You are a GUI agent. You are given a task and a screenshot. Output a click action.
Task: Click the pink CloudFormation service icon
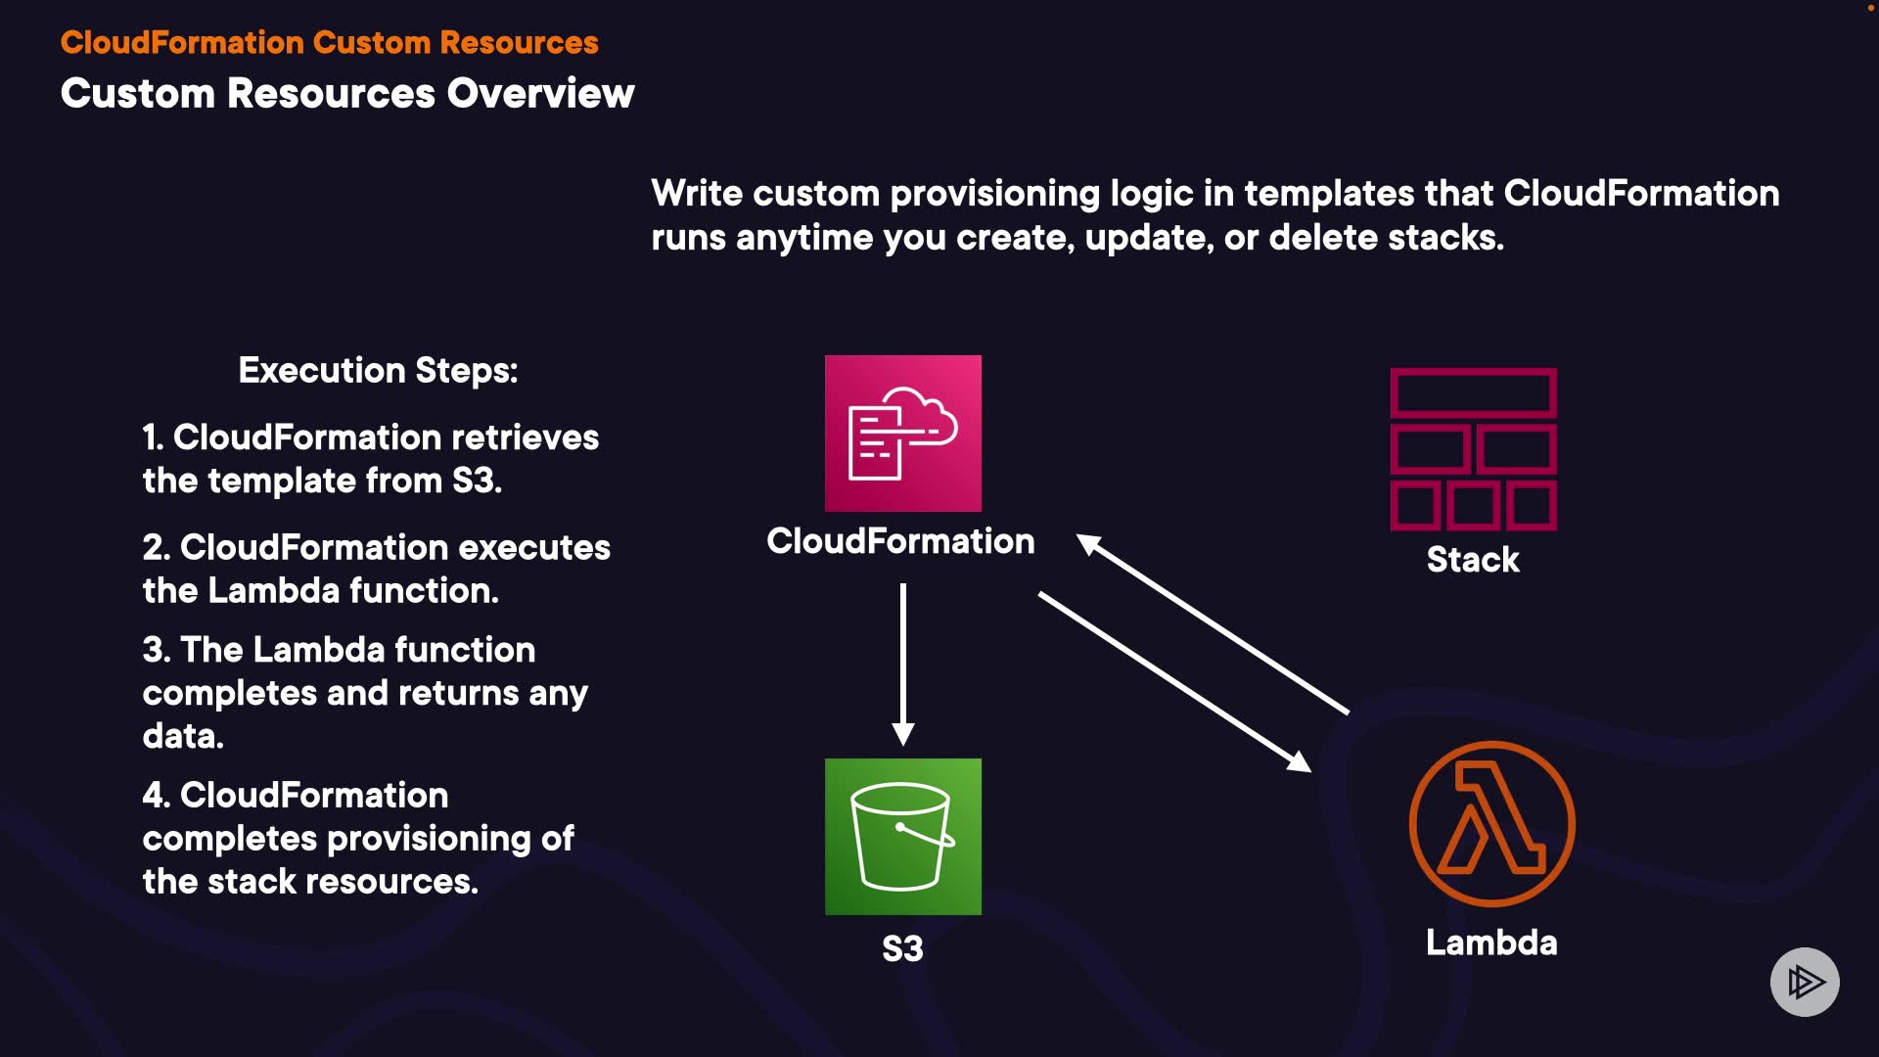902,433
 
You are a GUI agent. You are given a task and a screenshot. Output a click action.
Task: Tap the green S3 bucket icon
902,836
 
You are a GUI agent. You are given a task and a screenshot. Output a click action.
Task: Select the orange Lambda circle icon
1491,823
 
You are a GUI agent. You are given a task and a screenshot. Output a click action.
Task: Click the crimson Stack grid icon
1473,449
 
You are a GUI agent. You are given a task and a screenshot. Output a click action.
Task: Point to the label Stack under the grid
1473,560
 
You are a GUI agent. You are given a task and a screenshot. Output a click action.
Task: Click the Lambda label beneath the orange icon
1491,942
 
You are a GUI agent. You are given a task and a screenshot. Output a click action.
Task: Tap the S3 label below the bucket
902,948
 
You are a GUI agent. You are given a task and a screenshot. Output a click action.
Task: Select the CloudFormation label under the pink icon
900,541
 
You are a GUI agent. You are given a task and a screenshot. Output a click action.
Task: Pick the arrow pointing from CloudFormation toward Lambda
1174,681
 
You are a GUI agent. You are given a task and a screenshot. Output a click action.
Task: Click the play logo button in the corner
1805,982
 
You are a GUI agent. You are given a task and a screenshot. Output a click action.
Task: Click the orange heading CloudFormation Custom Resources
329,43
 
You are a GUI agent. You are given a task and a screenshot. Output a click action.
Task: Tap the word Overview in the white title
540,94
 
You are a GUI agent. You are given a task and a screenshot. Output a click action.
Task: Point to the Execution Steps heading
378,371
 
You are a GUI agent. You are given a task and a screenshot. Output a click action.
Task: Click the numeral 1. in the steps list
153,437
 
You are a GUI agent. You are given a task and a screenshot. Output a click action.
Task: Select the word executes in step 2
534,548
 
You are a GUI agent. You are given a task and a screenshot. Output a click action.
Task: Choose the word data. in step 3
183,736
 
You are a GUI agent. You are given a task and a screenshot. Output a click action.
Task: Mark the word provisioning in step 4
432,839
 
